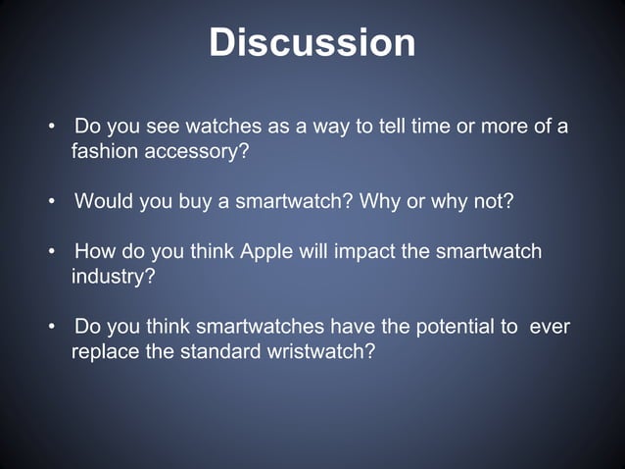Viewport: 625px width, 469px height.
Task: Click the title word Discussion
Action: coord(312,43)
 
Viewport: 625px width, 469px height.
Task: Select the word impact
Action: coord(365,252)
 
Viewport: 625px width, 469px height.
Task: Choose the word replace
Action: coord(105,351)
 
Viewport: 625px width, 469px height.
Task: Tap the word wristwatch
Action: coord(320,351)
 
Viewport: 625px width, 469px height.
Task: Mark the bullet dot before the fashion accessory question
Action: coord(51,129)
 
